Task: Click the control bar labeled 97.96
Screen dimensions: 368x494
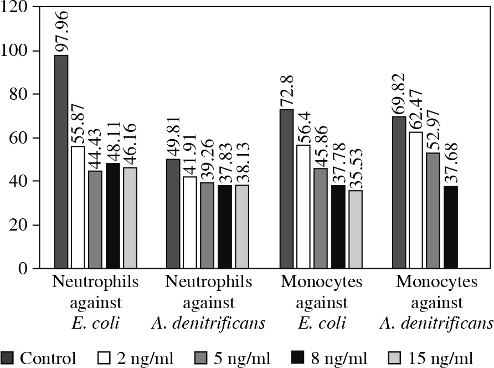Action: click(x=61, y=161)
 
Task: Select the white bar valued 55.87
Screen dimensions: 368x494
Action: click(x=78, y=207)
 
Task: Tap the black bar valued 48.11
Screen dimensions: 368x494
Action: click(x=112, y=216)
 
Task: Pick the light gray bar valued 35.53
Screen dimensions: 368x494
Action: click(x=354, y=229)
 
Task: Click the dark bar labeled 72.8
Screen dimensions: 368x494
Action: click(x=286, y=189)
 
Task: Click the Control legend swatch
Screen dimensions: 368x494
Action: click(x=7, y=357)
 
